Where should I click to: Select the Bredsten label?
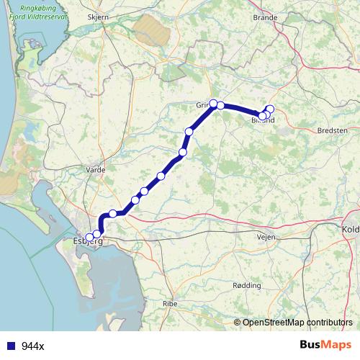331,130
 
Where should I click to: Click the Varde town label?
96,170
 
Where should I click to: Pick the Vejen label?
266,235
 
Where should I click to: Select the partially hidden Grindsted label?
202,105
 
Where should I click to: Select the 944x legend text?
32,346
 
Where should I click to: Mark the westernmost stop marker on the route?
89,237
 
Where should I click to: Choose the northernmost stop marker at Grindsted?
214,103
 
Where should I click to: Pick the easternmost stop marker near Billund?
270,109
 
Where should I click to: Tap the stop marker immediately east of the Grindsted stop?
221,106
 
